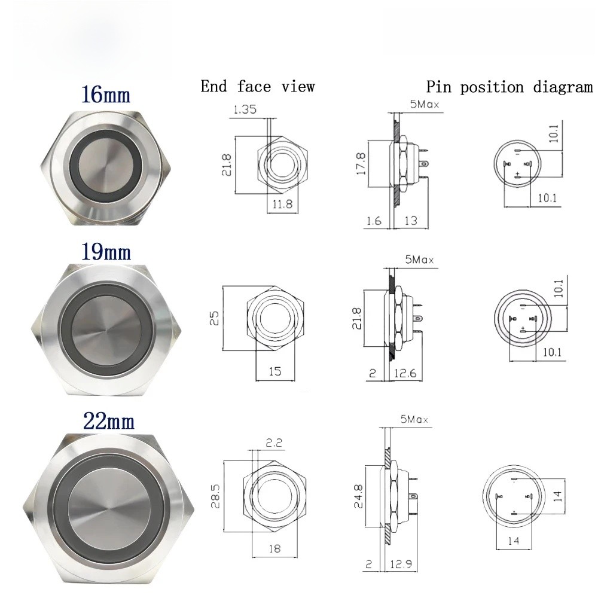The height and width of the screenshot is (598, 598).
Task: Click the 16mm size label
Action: pyautogui.click(x=106, y=94)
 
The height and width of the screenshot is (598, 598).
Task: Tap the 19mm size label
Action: pyautogui.click(x=106, y=252)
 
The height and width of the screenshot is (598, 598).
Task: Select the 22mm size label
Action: pyautogui.click(x=109, y=422)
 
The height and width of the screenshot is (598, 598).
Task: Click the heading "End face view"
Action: pyautogui.click(x=258, y=87)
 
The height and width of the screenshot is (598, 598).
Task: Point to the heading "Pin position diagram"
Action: pyautogui.click(x=509, y=87)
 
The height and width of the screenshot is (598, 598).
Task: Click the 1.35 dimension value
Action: pyautogui.click(x=245, y=109)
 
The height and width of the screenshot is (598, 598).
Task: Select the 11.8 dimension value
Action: pyautogui.click(x=282, y=204)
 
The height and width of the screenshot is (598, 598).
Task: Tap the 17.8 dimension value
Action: pyautogui.click(x=361, y=164)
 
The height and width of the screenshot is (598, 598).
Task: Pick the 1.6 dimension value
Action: pyautogui.click(x=374, y=221)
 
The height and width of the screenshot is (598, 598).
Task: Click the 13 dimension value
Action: pyautogui.click(x=411, y=221)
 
